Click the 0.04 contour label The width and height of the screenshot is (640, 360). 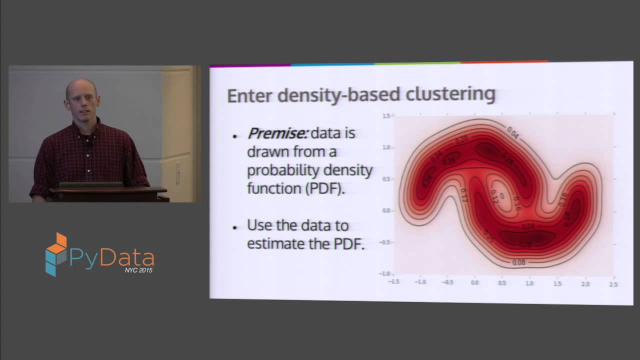pos(512,132)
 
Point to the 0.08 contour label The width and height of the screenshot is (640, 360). pos(519,262)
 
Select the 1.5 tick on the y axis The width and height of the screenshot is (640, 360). pos(386,116)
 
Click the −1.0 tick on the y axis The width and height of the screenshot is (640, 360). pos(384,273)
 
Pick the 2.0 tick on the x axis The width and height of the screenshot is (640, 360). pos(585,284)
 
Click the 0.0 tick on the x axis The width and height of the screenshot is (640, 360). pos(474,283)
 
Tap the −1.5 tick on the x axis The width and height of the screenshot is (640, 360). pos(393,281)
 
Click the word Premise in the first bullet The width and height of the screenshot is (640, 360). pos(277,133)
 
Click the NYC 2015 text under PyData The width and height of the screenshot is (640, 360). pos(138,270)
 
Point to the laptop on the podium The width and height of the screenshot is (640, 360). pos(90,184)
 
